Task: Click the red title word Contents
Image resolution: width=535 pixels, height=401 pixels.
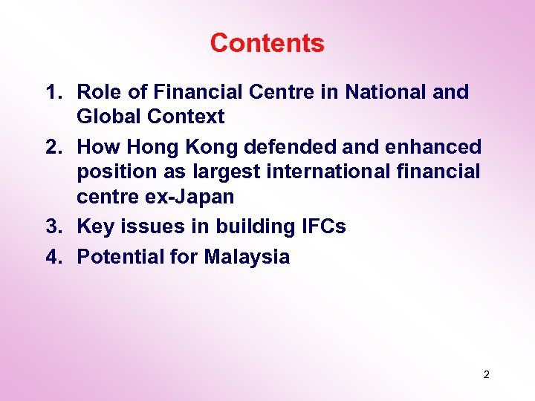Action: [267, 43]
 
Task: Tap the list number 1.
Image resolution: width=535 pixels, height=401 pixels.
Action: [51, 92]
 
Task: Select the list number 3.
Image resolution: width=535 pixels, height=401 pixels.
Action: [51, 226]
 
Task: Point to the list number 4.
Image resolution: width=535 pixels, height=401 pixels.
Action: [51, 258]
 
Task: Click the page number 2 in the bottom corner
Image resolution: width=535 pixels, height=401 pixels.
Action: [486, 374]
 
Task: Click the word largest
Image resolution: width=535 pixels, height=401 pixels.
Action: [223, 172]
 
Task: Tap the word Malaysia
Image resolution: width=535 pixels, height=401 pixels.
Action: [247, 258]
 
